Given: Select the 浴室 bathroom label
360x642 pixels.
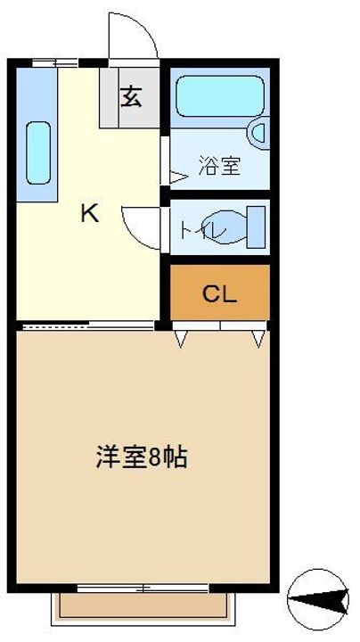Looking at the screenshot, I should pos(218,167).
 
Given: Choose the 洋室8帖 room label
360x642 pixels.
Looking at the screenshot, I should pos(142,457).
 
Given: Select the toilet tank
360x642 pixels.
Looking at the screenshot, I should pos(256,226).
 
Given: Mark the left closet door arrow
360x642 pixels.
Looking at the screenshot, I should pos(182,338).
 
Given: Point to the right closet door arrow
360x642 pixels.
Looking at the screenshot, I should pos(258,338).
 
